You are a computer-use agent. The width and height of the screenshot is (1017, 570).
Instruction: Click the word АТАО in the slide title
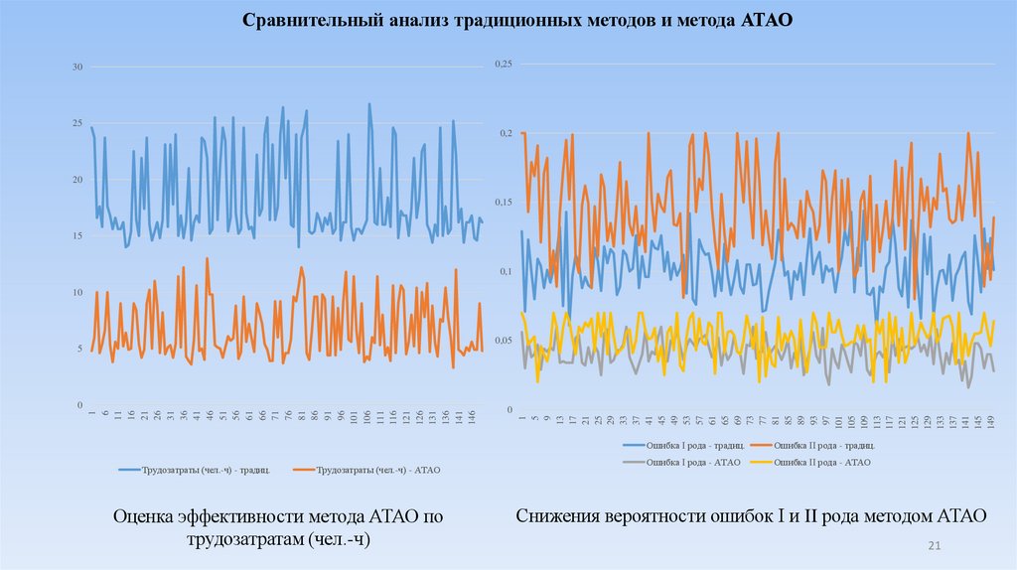(x=766, y=20)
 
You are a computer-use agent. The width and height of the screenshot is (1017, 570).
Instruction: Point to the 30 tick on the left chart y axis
(x=75, y=67)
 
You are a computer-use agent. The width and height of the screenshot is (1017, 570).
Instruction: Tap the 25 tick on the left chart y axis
(x=75, y=123)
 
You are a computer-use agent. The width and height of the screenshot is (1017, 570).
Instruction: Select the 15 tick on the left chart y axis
(x=75, y=236)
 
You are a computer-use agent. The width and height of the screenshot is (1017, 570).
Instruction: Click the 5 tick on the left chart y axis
(x=77, y=350)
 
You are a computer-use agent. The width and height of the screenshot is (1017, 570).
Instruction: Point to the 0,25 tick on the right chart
(x=503, y=64)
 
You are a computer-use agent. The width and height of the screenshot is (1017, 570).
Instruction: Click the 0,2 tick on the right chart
(x=505, y=133)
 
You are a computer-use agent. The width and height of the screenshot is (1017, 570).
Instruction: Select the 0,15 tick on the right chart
(x=503, y=203)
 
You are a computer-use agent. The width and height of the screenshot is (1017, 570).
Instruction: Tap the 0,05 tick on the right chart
(x=503, y=341)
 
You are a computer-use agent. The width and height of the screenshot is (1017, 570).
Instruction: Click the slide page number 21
(x=934, y=546)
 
